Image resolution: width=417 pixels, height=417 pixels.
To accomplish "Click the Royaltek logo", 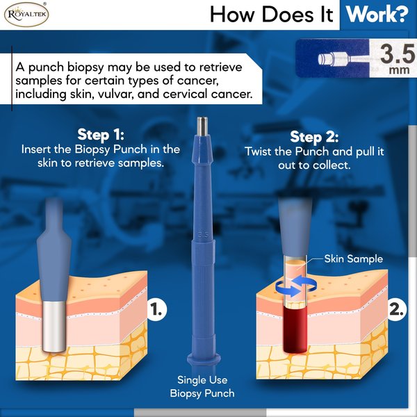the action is point(26,14).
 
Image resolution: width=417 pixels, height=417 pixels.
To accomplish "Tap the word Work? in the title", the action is point(377,15).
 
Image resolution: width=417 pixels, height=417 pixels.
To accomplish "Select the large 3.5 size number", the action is point(398,54).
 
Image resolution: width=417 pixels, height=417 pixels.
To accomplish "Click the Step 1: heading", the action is point(101,135).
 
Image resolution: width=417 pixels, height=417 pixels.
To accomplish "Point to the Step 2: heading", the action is point(314,137).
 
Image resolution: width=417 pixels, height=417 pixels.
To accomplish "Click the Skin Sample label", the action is point(354,259).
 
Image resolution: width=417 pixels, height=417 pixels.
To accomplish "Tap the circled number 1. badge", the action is point(156,310).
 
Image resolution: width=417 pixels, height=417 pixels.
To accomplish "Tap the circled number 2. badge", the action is point(397,310).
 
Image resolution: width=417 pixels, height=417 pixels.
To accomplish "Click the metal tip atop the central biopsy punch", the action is point(203,126).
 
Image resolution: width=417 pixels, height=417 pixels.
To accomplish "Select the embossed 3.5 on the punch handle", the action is point(203,236).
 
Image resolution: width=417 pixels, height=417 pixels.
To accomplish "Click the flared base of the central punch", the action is point(204,359).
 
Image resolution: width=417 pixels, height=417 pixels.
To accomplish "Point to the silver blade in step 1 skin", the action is point(54,327).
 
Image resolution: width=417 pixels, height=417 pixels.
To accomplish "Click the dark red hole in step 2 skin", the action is point(295,329).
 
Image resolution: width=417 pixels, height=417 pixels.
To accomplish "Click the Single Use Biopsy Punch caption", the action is point(202,386).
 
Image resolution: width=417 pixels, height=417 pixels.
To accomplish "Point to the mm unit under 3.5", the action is point(399,70).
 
